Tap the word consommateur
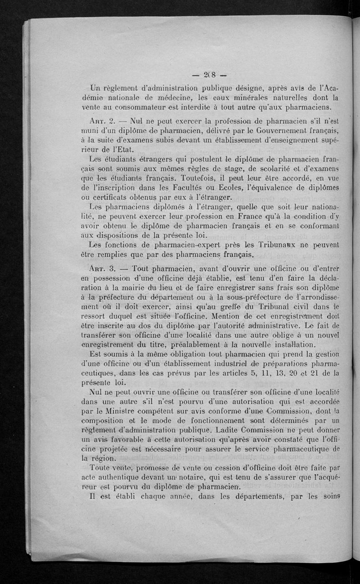pos(150,107)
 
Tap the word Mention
pos(216,317)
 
